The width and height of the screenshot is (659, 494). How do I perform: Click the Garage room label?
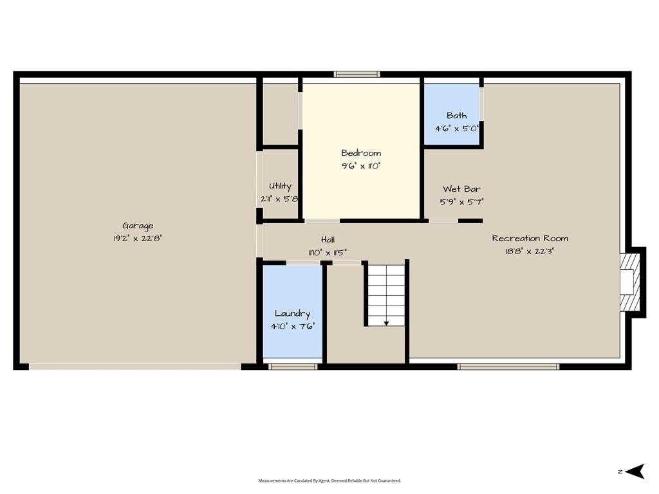(138, 226)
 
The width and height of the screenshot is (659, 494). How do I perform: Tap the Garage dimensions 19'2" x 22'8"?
(138, 239)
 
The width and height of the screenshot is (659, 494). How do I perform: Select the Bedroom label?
(361, 153)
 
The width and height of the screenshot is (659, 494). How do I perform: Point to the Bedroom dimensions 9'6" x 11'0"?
(361, 166)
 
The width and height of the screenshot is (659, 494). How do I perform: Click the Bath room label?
(456, 116)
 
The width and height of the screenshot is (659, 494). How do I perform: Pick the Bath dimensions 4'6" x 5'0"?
(456, 129)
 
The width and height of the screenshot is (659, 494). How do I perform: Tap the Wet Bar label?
(461, 189)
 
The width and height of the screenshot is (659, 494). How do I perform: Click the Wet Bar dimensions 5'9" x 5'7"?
(461, 202)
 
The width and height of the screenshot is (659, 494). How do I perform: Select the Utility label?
(280, 186)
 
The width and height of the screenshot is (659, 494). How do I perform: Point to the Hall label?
(328, 239)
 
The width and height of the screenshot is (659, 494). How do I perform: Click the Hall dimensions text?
(328, 252)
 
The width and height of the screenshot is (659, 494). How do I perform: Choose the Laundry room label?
(293, 314)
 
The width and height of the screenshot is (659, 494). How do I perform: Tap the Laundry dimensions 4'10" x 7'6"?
(293, 326)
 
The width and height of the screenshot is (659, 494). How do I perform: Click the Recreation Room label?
(530, 238)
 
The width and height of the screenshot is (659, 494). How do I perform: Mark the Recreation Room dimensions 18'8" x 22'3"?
(530, 252)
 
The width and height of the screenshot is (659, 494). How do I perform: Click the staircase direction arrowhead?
(386, 324)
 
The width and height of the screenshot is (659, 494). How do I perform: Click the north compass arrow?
(635, 471)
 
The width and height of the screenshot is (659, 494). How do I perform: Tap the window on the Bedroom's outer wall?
(357, 75)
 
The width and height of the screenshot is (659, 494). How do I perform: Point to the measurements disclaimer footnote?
(329, 480)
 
